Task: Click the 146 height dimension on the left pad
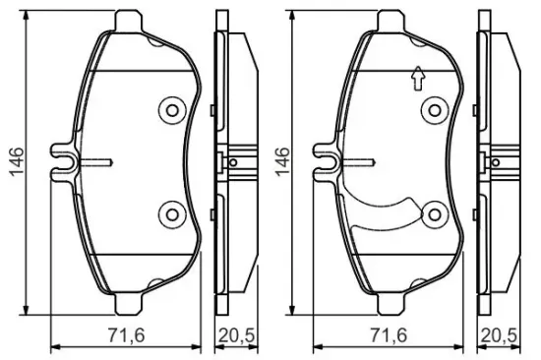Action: coord(18,162)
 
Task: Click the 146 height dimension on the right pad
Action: coord(281,162)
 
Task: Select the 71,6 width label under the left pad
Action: coord(126,335)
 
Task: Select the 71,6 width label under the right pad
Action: coord(389,335)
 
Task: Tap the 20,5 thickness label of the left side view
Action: coord(237,335)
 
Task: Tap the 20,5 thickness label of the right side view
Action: coord(500,335)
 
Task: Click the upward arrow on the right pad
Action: coord(418,79)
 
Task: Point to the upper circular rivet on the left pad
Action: coord(172,111)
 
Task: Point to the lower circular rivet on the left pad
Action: coord(172,214)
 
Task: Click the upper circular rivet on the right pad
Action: coord(435,111)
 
